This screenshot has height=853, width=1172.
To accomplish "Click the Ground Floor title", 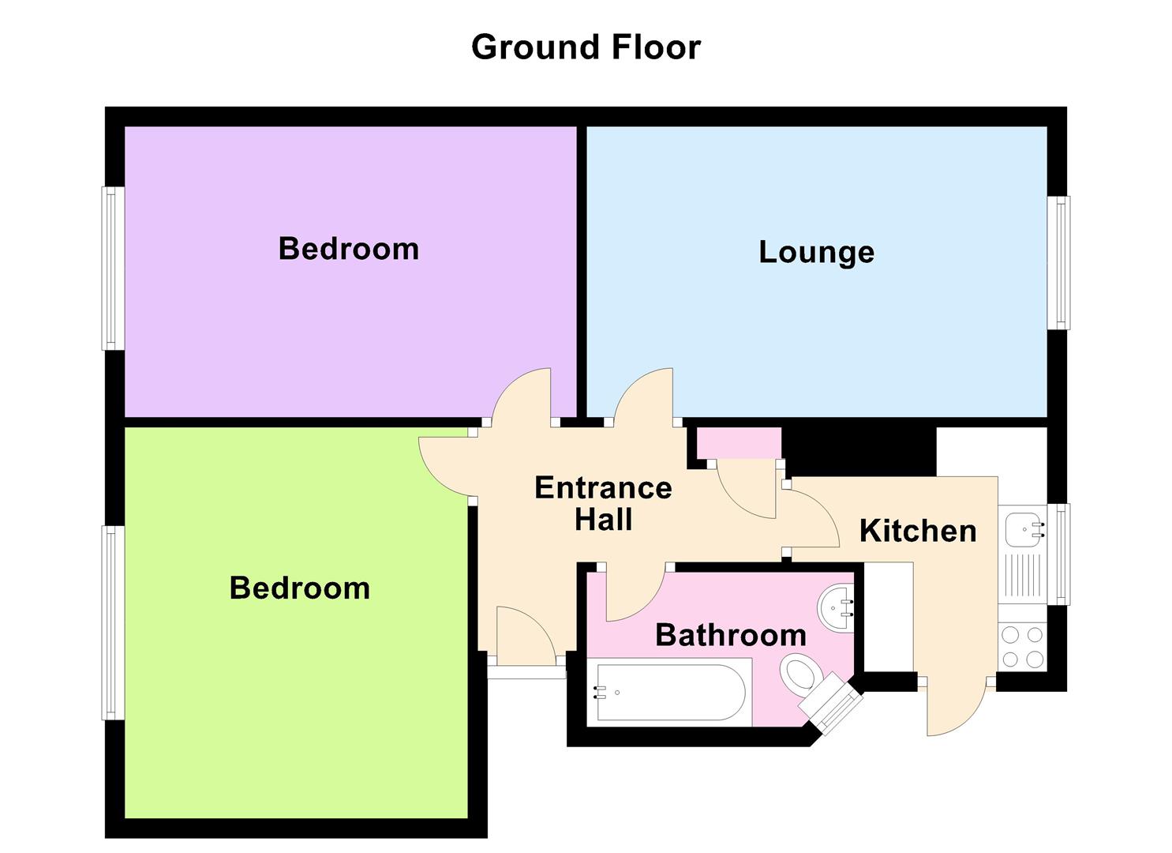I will click(x=586, y=47).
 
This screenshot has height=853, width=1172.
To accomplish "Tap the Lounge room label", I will click(x=816, y=252).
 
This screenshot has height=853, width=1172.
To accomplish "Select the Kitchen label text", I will click(x=917, y=531).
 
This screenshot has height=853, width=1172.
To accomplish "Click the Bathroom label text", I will click(x=731, y=635).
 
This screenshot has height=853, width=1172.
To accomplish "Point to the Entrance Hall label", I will click(x=603, y=503).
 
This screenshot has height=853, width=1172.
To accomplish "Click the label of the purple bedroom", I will click(x=348, y=249).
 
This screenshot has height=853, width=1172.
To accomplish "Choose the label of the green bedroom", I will click(x=299, y=588).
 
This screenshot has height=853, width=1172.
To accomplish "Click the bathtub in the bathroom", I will click(x=670, y=693).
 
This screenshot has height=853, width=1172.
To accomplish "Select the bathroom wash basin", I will click(x=837, y=607).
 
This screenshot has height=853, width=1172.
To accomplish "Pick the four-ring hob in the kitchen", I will click(x=1022, y=647).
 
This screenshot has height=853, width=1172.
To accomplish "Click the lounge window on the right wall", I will click(x=1058, y=262).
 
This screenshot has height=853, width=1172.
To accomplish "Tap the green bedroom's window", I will click(x=113, y=622).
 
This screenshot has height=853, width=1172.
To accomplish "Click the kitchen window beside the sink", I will click(x=1062, y=554).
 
